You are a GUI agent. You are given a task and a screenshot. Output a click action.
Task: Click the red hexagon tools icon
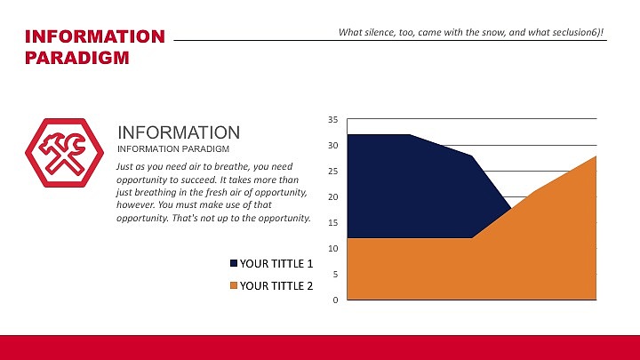pos(60,153)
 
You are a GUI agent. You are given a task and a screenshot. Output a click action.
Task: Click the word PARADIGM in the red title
pos(76,59)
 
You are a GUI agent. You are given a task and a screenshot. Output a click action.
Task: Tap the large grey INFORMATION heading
pos(179,132)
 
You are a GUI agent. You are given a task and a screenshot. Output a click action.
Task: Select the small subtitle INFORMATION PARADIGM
pos(174,148)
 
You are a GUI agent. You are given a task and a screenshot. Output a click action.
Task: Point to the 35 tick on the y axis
pos(332,119)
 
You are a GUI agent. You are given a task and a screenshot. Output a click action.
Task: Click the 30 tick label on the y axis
pos(332,145)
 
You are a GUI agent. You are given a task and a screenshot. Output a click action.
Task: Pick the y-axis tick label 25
pos(332,171)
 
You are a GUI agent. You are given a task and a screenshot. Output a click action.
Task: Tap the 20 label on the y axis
pos(332,196)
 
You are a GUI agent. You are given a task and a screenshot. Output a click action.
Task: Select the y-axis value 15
pos(332,222)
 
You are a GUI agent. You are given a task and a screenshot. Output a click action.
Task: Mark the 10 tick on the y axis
pos(332,248)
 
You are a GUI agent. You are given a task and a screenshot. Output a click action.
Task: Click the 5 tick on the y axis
pos(335,274)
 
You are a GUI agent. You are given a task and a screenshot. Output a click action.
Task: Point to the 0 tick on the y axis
pos(335,300)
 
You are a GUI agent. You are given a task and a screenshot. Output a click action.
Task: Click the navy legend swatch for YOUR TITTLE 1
pos(235,264)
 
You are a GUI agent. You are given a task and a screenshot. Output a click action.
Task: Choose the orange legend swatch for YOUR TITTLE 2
pos(235,286)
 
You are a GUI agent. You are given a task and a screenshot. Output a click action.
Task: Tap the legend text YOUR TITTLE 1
pos(276,264)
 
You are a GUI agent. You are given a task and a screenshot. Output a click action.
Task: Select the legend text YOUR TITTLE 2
pos(276,286)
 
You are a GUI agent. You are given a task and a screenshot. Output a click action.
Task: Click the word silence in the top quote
pos(382,32)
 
